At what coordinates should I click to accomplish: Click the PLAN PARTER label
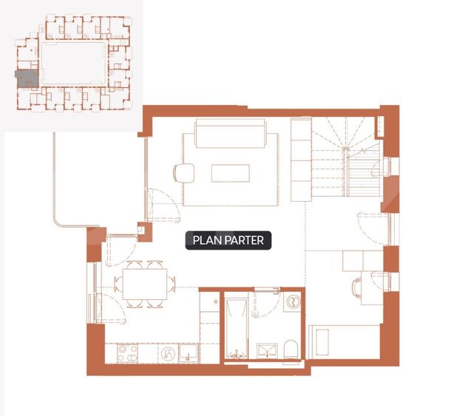228,240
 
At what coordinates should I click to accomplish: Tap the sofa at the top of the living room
231,133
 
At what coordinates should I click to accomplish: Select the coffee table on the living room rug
231,173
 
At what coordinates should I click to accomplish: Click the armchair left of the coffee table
183,173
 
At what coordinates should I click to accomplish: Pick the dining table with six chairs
145,284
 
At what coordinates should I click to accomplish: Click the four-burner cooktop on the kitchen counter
127,353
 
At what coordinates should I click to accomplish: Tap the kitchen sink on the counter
189,353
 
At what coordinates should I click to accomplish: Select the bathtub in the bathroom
237,329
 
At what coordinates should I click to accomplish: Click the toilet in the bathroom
291,349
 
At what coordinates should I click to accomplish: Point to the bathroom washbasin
267,351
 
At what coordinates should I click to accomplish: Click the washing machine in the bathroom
293,302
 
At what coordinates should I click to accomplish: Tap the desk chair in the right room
357,288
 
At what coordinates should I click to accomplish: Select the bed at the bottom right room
345,342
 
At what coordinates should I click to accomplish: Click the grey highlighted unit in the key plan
27,78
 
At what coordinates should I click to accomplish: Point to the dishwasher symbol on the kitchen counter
169,353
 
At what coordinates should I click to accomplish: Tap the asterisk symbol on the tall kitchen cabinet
215,301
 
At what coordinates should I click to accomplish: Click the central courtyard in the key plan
75,64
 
